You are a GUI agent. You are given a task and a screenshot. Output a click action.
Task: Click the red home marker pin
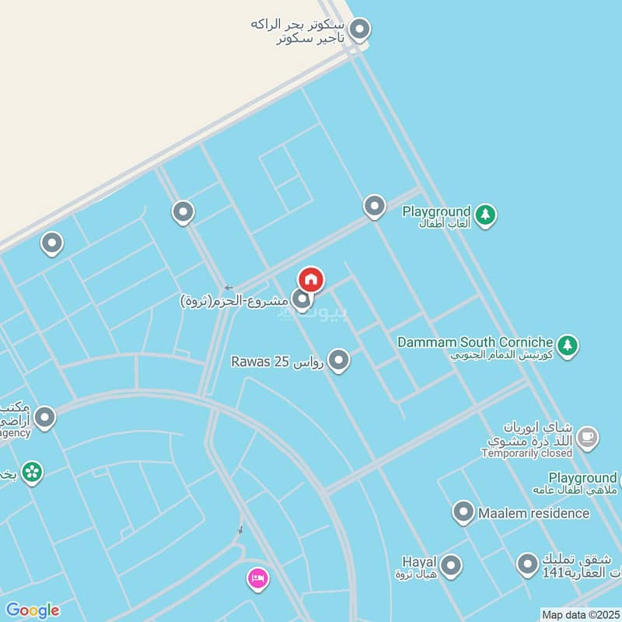click(x=311, y=279)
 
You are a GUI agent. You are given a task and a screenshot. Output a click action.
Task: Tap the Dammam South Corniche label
click(x=475, y=342)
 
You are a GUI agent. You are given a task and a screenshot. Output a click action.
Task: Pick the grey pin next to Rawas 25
click(x=338, y=360)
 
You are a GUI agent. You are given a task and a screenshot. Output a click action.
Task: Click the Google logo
click(x=32, y=610)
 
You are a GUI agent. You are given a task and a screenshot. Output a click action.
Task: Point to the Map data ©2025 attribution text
click(x=580, y=614)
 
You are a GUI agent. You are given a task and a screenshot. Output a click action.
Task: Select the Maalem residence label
click(x=533, y=513)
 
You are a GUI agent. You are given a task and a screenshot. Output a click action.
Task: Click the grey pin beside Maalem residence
click(x=463, y=512)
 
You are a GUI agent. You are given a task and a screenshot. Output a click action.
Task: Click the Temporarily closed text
click(x=526, y=453)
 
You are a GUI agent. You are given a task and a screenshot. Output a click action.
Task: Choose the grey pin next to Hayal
click(x=451, y=565)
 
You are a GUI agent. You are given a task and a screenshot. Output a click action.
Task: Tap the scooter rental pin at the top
click(x=358, y=30)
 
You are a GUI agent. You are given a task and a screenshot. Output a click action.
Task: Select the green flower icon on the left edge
click(x=32, y=471)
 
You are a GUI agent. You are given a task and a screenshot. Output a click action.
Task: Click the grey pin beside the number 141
click(x=528, y=564)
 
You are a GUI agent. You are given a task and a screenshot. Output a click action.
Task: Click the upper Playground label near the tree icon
click(x=436, y=211)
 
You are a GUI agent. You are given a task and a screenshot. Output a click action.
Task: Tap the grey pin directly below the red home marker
click(x=302, y=299)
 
